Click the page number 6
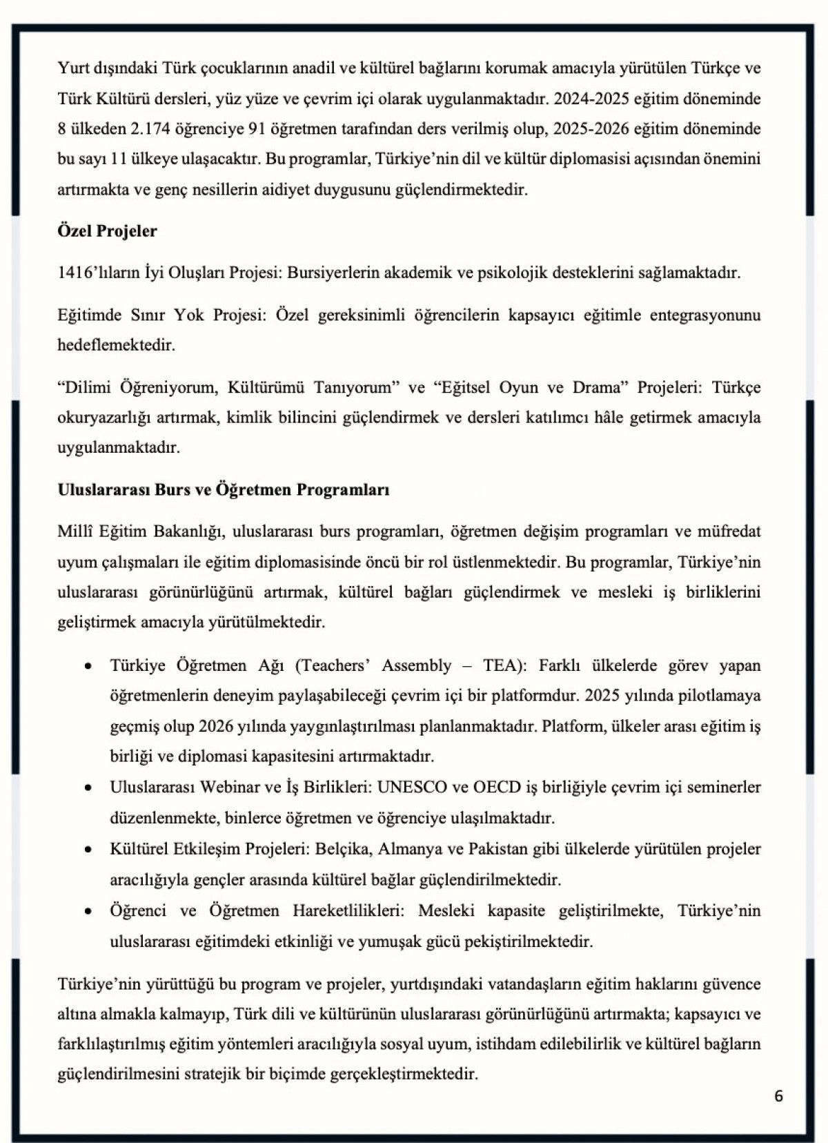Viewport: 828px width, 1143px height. pyautogui.click(x=778, y=1096)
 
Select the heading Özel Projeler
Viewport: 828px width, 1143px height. pyautogui.click(x=107, y=231)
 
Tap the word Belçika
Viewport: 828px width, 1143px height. pyautogui.click(x=342, y=848)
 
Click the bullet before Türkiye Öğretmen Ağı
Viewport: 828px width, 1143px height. pyautogui.click(x=88, y=666)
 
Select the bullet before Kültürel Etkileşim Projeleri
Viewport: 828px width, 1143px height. pyautogui.click(x=88, y=849)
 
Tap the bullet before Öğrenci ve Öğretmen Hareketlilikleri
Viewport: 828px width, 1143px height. pyautogui.click(x=88, y=911)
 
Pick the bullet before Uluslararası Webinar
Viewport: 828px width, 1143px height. pyautogui.click(x=88, y=788)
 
